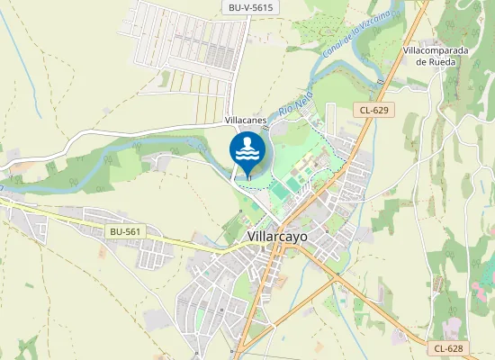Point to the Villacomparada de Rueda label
pos(436,57)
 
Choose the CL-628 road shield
pos(448,348)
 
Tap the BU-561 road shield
pos(125,231)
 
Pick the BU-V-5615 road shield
pos(251,7)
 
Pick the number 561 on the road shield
pos(131,231)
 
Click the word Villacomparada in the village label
pos(436,50)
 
